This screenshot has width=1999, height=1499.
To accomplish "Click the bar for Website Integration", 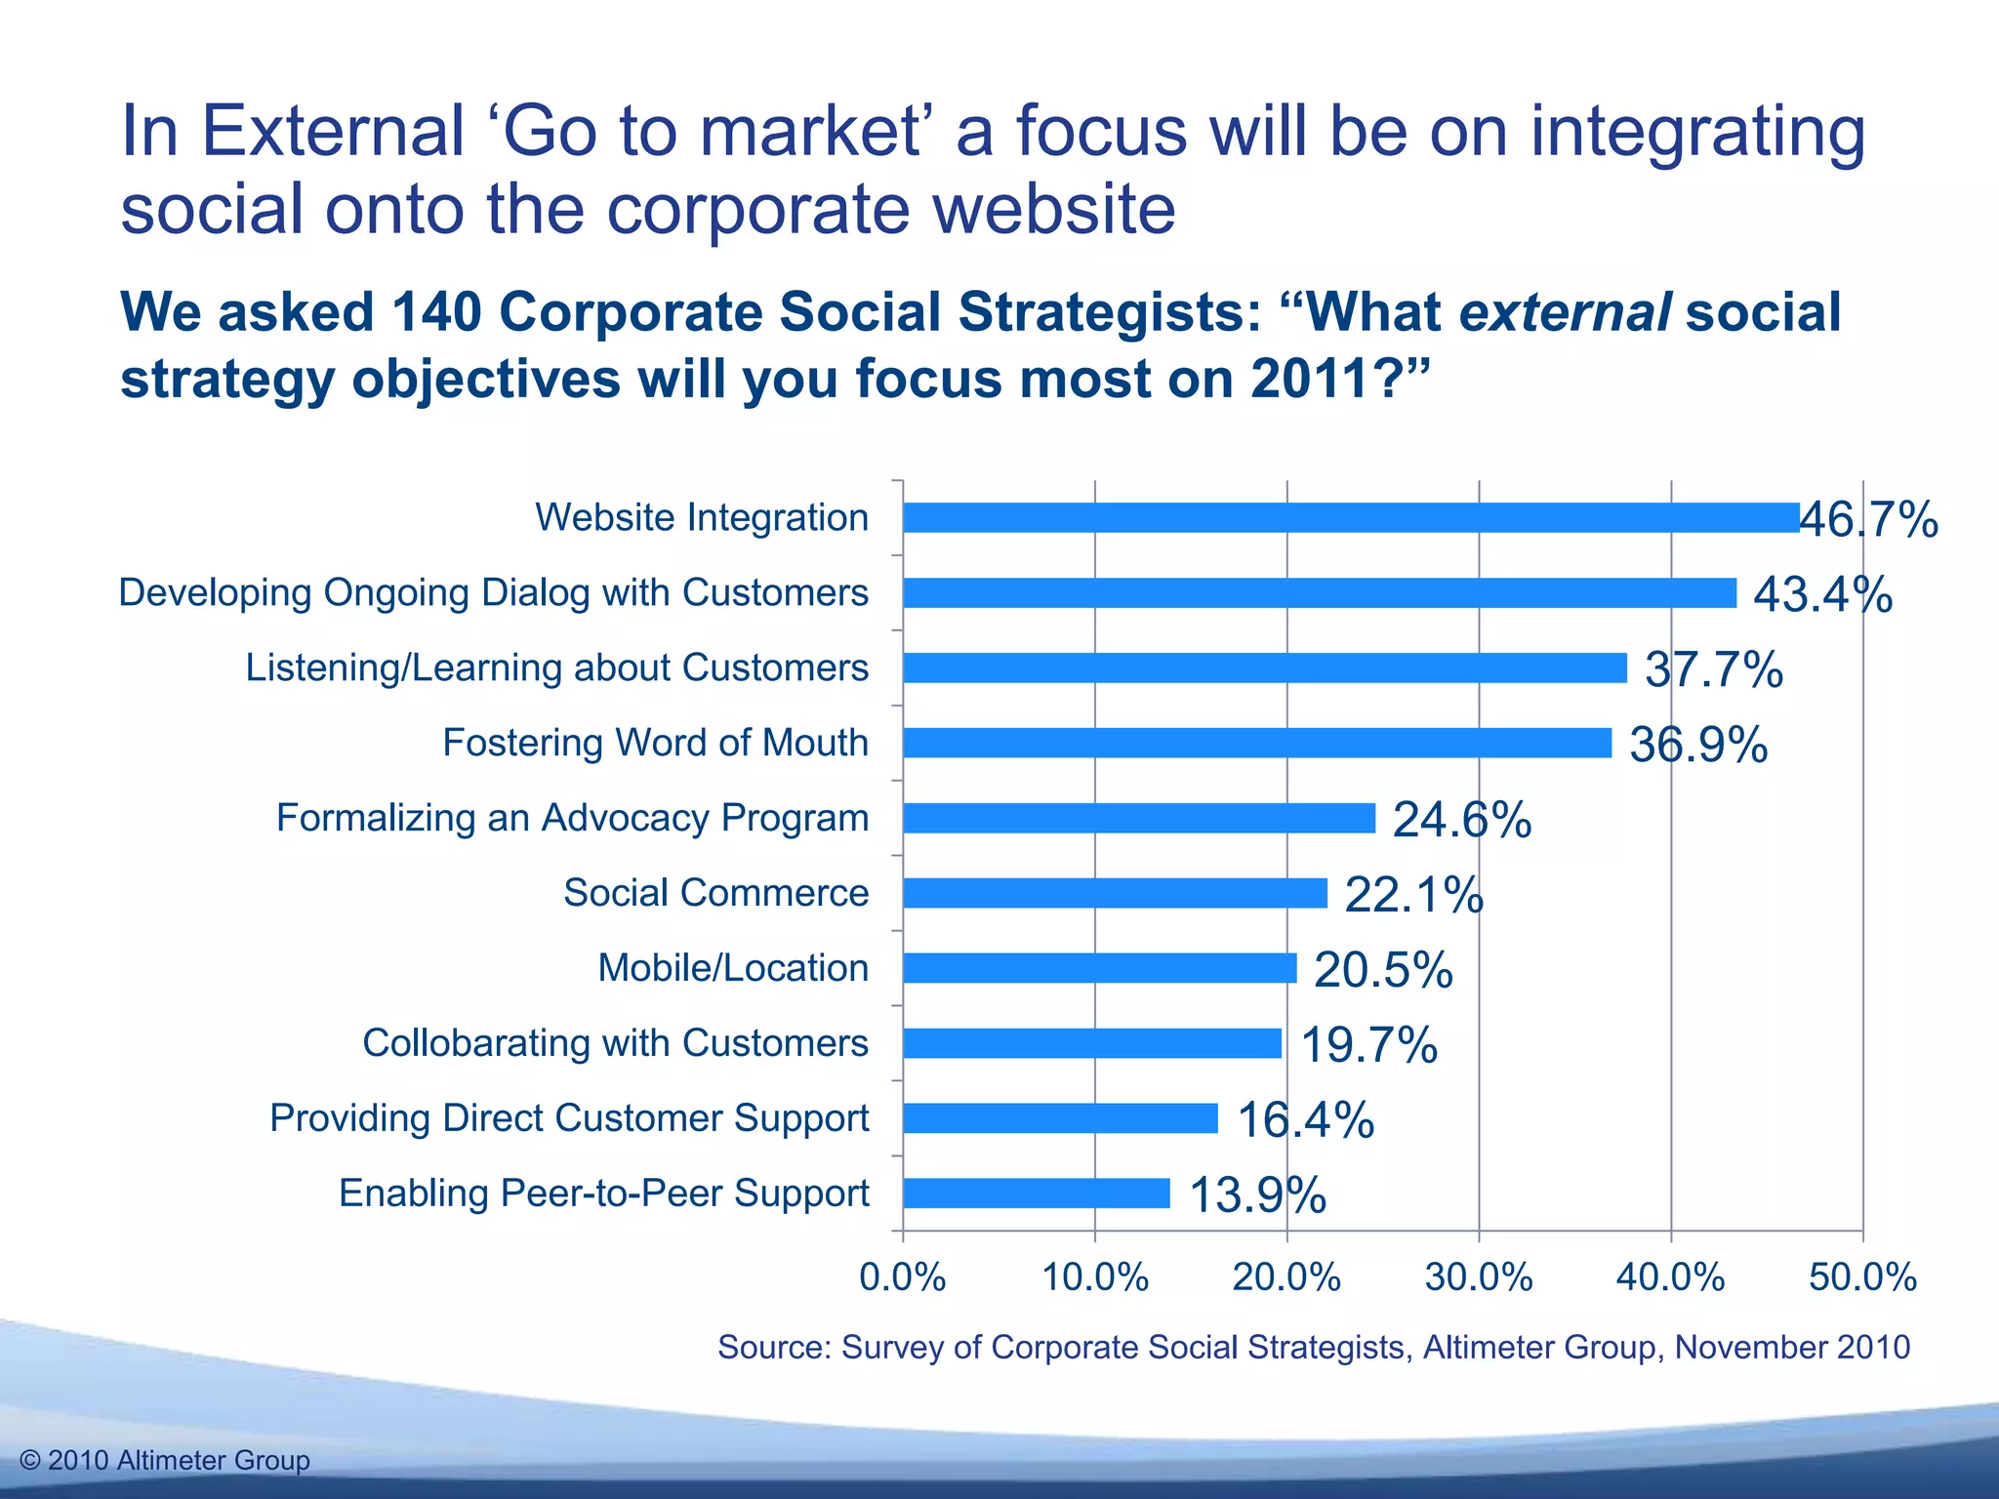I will [x=1351, y=517].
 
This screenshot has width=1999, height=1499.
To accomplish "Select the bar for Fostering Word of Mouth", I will [x=1257, y=743].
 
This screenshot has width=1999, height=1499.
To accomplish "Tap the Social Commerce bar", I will [x=1115, y=893].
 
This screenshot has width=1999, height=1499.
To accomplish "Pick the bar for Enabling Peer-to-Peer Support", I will [x=1036, y=1194].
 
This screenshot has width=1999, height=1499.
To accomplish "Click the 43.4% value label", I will [x=1822, y=594].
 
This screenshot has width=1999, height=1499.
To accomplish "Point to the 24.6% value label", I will [x=1461, y=820].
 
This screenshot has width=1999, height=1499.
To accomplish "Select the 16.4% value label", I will [x=1305, y=1119].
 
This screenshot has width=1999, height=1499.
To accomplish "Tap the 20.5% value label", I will [x=1383, y=970].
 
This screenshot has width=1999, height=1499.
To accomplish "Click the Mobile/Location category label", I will [x=733, y=968].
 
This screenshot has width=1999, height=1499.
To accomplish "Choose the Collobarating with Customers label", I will [x=615, y=1043].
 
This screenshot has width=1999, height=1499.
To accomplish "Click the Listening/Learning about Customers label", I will [x=556, y=668].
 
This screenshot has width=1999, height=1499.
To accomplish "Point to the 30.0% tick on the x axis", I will [x=1479, y=1277].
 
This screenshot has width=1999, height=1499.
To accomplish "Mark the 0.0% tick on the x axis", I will [x=903, y=1277].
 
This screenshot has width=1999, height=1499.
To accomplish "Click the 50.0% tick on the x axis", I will [x=1862, y=1277].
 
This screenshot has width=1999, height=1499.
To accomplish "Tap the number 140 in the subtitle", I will [x=436, y=312].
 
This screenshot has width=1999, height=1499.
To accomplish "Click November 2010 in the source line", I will [x=1792, y=1347].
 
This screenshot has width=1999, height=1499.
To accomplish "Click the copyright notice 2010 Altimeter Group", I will [x=165, y=1460].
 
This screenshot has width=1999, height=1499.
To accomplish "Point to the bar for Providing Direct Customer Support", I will [x=1060, y=1118].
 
